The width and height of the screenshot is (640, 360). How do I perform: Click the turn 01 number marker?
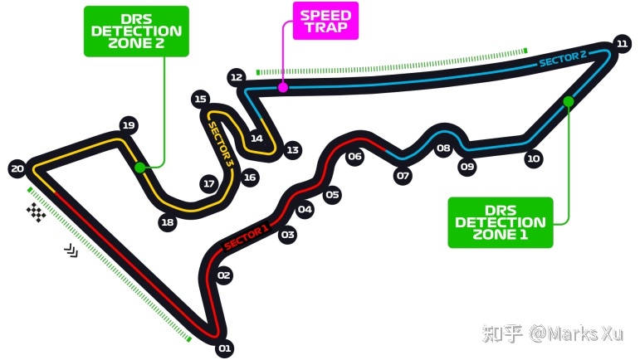[224, 348]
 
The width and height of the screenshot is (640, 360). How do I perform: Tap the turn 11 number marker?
[622, 44]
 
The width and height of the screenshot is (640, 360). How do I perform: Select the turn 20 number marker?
[17, 168]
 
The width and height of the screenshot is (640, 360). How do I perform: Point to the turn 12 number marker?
[237, 77]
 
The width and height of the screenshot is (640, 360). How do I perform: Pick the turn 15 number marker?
[200, 99]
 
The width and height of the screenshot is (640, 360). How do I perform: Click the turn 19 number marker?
[129, 125]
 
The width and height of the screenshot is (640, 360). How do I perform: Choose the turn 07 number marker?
[403, 176]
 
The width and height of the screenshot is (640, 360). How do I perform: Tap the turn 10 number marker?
[534, 158]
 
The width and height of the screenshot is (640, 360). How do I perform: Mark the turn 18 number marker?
[168, 222]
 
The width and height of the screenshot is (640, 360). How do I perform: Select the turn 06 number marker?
[354, 156]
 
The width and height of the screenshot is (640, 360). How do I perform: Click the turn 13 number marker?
[292, 150]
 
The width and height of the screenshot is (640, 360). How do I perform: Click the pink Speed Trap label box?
[325, 21]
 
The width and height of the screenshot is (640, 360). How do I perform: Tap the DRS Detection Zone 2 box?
[136, 31]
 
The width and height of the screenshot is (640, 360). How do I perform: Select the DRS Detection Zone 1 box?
[501, 222]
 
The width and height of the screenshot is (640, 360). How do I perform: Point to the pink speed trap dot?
[283, 87]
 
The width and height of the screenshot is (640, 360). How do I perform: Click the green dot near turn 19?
[140, 168]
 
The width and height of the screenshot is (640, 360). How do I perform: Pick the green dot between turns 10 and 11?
[568, 101]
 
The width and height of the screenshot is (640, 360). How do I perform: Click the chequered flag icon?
[37, 212]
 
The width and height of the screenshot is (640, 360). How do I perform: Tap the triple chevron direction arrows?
[71, 251]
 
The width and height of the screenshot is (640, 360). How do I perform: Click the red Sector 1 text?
[247, 238]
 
